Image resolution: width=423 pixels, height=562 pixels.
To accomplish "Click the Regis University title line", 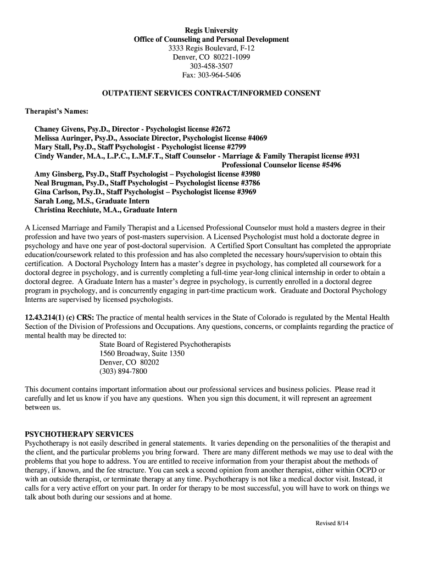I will coord(211,30).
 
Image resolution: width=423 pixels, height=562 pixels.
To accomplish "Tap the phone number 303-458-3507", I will coord(211,66).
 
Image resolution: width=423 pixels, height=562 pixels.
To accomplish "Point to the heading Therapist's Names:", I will coord(57,111).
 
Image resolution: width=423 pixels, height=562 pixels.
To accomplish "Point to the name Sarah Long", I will coord(53,201).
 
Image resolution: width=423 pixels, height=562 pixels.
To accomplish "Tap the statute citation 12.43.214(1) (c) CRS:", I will coord(60,317).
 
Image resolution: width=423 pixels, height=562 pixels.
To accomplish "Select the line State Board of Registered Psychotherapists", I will coord(165,344).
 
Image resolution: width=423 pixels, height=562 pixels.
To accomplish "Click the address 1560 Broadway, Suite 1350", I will coord(142,353).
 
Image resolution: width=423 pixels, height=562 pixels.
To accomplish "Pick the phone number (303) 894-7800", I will coord(123,371).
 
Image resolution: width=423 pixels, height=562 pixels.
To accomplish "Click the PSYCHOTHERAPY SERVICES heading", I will coord(79,434).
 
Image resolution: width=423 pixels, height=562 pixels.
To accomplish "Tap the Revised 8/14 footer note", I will coord(332,523).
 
